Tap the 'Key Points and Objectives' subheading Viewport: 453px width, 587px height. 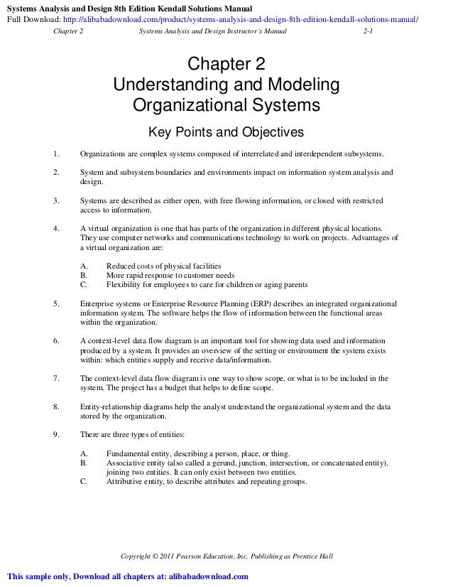click(x=225, y=133)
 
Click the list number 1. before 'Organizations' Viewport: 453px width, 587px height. click(x=56, y=154)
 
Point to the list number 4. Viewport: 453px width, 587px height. click(x=56, y=228)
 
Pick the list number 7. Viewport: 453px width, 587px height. click(x=56, y=378)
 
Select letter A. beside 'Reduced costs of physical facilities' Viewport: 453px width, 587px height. click(x=84, y=265)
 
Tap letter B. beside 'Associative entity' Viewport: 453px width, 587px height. click(x=84, y=463)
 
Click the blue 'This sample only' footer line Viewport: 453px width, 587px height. click(x=128, y=576)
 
